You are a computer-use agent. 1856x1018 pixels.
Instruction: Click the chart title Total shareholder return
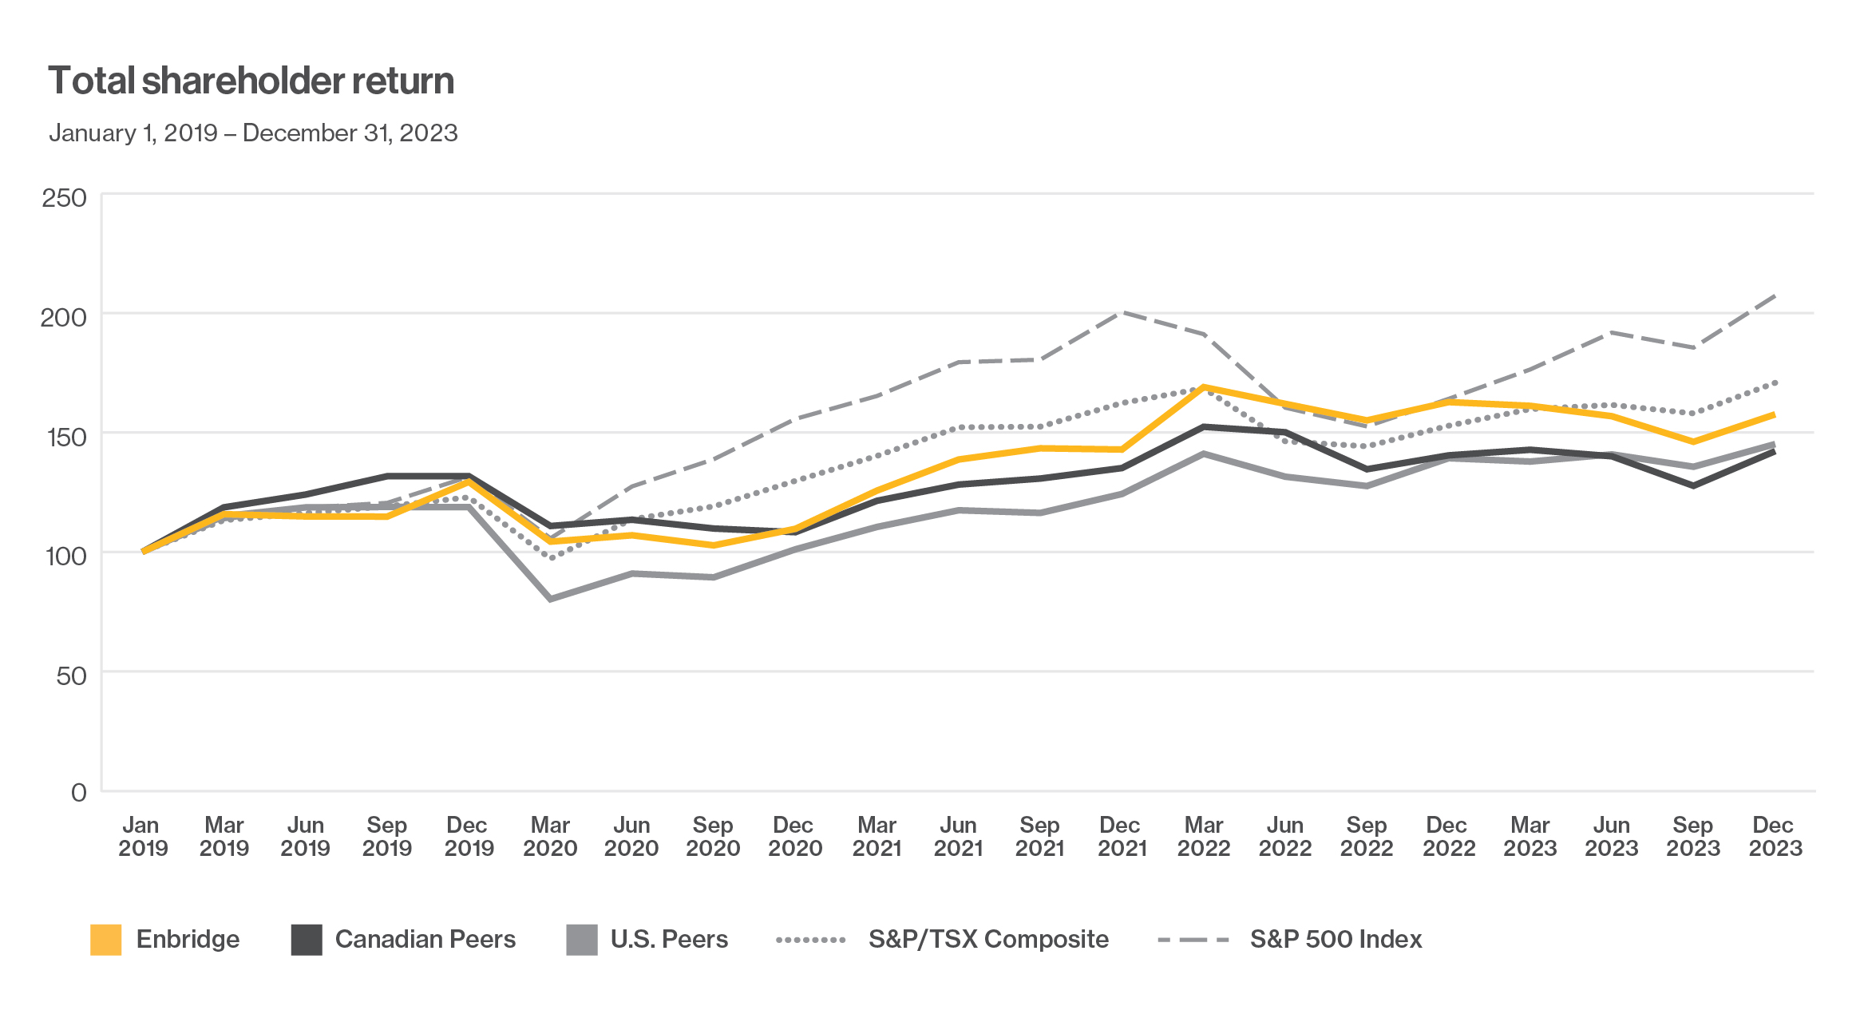251,81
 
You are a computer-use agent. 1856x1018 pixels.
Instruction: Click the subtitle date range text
253,133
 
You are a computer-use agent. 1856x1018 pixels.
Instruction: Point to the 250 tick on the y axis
64,197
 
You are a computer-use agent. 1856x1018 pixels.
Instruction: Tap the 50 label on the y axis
71,675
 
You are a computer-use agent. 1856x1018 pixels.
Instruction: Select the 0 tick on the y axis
78,792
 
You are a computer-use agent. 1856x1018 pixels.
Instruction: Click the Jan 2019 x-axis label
142,836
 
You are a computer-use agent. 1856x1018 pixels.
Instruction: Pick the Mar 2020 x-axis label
550,836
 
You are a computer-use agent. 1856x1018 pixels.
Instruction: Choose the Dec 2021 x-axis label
1121,836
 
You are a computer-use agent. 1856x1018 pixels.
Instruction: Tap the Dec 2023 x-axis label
1775,836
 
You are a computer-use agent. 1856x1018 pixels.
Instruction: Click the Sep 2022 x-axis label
1366,836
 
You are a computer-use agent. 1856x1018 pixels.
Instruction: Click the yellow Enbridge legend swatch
106,939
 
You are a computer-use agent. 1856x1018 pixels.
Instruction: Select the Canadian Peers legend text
425,939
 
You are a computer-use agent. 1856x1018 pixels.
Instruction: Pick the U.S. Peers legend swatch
581,939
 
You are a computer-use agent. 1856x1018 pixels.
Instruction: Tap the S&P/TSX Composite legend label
987,939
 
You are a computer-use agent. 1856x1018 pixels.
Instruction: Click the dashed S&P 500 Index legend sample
1193,940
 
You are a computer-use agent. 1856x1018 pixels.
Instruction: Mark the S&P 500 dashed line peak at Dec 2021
1122,312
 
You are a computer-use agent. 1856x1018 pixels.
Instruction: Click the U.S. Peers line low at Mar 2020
551,598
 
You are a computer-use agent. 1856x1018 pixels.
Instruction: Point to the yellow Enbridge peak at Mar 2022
1203,387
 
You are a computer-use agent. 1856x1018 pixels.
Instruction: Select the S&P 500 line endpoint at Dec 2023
1774,296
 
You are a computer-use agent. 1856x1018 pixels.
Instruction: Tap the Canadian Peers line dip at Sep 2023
1693,485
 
